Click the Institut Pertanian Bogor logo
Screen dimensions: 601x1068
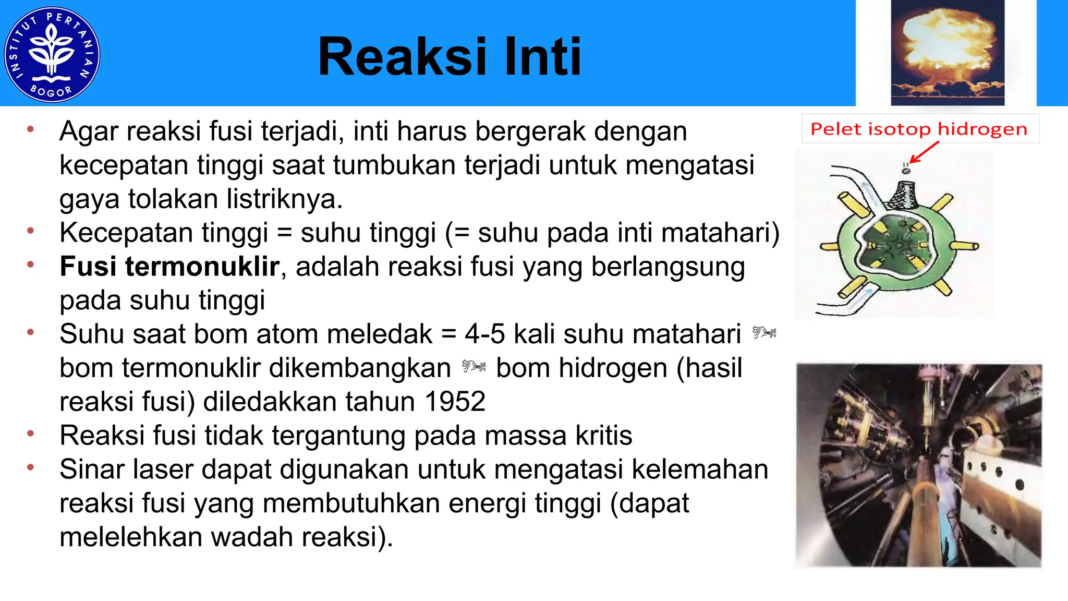52,54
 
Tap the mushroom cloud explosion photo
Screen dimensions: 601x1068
947,52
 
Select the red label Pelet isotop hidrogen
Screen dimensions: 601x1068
919,129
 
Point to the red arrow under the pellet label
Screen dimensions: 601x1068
924,153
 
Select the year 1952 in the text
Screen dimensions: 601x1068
455,402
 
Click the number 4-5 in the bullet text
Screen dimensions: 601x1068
484,334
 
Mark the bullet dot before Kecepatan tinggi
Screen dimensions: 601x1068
31,231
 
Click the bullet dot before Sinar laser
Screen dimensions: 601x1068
31,467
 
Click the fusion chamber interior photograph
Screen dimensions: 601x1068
918,465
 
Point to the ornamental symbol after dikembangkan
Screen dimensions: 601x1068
474,367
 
